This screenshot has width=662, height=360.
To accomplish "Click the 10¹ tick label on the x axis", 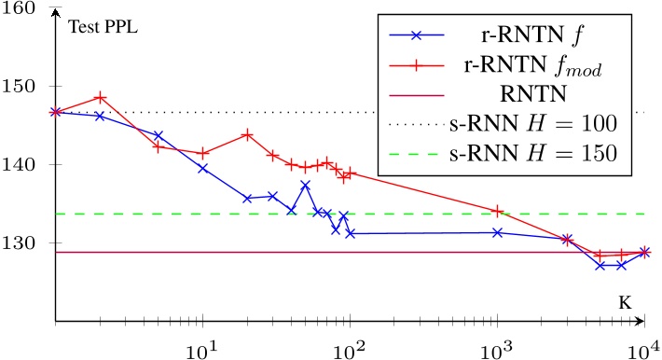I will click(x=202, y=347).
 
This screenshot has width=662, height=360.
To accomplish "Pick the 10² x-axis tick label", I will click(x=350, y=347).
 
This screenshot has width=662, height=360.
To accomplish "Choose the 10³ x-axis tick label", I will click(x=497, y=347).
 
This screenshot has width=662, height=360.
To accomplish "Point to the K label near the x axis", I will click(x=624, y=303).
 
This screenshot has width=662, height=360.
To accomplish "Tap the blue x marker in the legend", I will click(x=417, y=35).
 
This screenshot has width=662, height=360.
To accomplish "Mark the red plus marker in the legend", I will click(x=417, y=64).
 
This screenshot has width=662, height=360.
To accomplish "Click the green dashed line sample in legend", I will click(x=417, y=151).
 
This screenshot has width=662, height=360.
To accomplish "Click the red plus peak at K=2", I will click(x=101, y=97).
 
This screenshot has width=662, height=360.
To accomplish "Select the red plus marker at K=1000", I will click(x=497, y=211).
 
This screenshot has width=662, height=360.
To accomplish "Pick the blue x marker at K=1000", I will click(x=497, y=232).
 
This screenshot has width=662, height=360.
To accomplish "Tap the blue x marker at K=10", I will click(x=202, y=168).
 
